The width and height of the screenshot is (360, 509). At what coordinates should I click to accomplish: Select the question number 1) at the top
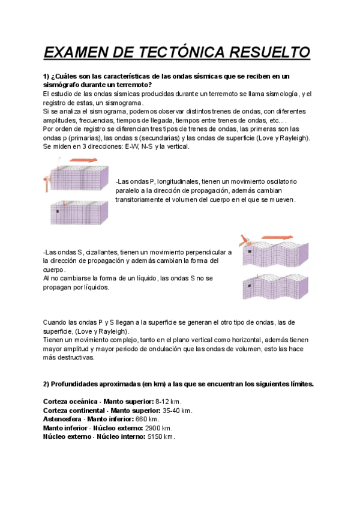[47, 76]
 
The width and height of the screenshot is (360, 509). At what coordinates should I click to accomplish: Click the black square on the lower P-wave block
[57, 211]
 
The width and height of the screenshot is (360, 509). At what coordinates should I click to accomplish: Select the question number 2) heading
[47, 384]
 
